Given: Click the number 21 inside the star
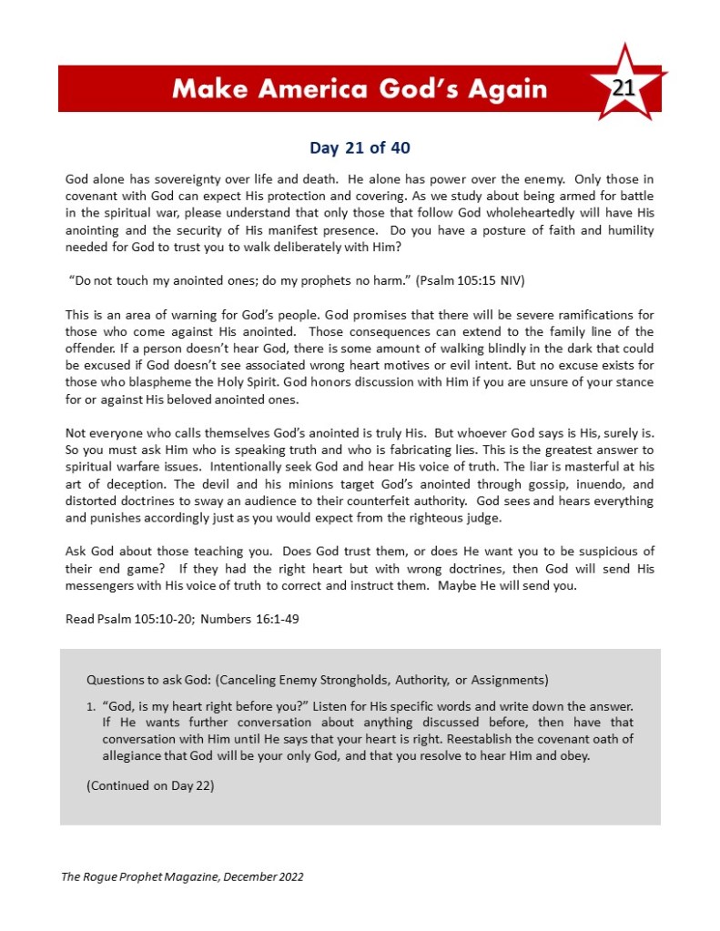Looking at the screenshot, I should tap(624, 87).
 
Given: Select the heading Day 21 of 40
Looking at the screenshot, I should tap(360, 147).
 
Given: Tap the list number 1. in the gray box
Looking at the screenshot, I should tap(92, 705).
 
